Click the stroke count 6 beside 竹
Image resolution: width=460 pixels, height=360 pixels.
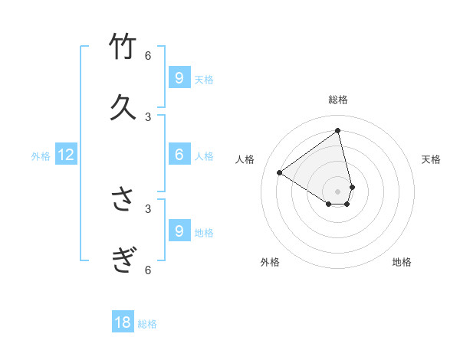[148, 55]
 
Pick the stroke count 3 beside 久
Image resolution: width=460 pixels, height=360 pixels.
[148, 116]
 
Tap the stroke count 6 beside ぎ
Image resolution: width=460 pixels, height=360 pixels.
[148, 270]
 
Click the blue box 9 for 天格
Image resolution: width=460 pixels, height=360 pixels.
[179, 77]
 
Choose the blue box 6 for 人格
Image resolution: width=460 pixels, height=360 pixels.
[179, 155]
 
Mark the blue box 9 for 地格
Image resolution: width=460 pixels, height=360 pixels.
[179, 231]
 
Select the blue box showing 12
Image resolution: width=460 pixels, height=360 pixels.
[66, 155]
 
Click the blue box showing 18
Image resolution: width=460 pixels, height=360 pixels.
[123, 322]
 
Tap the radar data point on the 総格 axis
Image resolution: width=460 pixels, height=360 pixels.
[338, 130]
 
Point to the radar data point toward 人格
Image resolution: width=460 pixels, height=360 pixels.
[280, 173]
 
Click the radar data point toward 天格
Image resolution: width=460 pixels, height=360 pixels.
[352, 187]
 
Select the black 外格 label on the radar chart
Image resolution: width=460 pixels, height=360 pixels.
[270, 262]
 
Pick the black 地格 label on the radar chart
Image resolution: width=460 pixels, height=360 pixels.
[402, 262]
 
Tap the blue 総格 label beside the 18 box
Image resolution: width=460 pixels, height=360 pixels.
[147, 324]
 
